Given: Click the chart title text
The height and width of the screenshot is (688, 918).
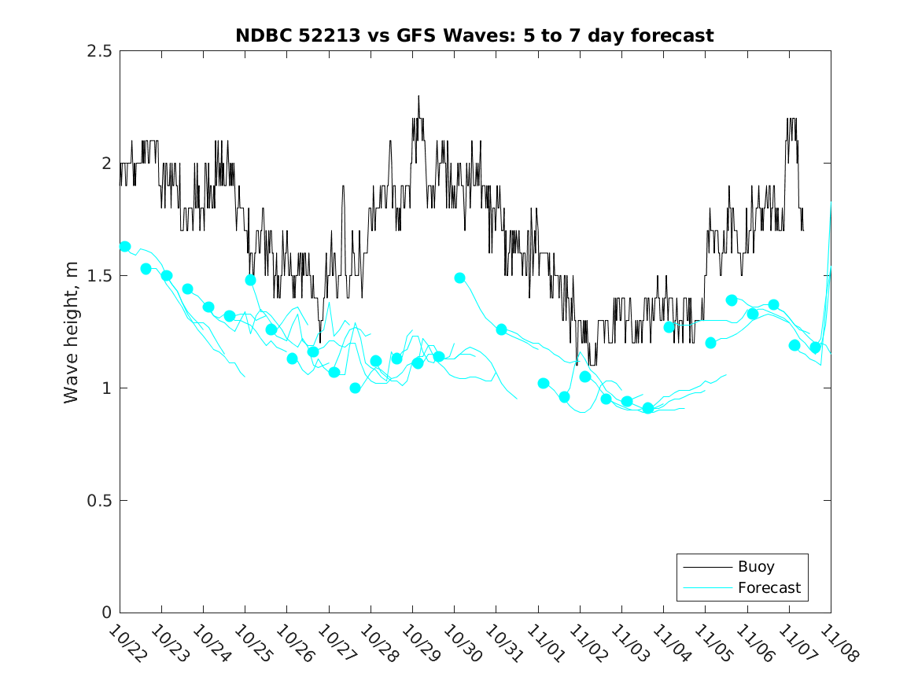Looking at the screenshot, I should pyautogui.click(x=474, y=36).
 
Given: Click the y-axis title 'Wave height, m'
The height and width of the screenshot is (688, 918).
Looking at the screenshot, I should pyautogui.click(x=72, y=332).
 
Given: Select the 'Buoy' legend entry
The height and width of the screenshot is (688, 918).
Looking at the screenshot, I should pyautogui.click(x=755, y=566).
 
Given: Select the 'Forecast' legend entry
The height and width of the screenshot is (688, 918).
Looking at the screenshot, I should pyautogui.click(x=769, y=587).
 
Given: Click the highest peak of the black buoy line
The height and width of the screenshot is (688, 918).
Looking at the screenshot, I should pyautogui.click(x=418, y=96).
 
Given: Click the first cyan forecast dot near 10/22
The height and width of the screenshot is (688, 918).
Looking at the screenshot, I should pyautogui.click(x=125, y=246).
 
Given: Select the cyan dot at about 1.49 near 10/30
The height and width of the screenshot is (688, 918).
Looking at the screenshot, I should pyautogui.click(x=460, y=278).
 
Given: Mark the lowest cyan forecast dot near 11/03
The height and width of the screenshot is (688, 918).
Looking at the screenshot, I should pyautogui.click(x=648, y=408).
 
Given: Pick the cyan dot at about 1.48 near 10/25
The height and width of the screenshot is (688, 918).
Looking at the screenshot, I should pyautogui.click(x=250, y=280).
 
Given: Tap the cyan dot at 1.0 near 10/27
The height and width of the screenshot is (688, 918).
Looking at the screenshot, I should pyautogui.click(x=355, y=388).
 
